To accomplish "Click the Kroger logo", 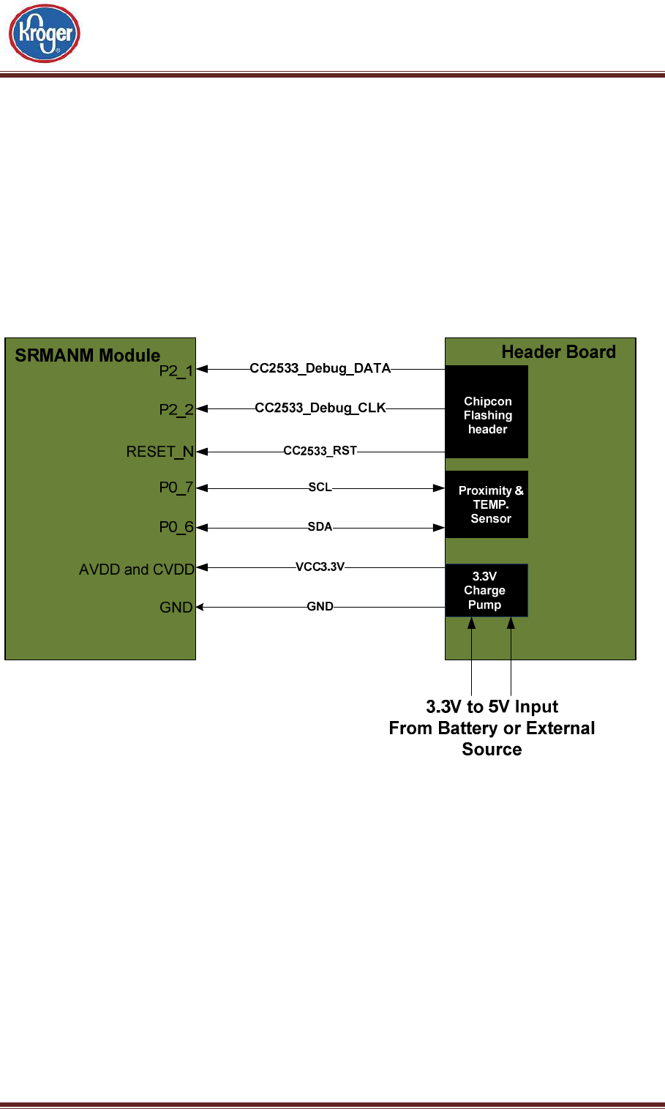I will tap(44, 33).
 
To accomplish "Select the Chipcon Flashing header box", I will tap(486, 412).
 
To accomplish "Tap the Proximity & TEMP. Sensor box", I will tap(486, 504).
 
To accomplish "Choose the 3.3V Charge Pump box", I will tap(486, 590).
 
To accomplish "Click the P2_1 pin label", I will tap(176, 370).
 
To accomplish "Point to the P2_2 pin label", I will tap(176, 409).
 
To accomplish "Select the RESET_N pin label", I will tap(160, 452).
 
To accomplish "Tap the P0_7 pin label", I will tap(176, 488).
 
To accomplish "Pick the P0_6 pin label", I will tap(176, 527).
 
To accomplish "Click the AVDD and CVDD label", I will tap(137, 569).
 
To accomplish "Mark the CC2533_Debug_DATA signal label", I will tap(320, 368).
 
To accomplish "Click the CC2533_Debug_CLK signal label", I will tap(320, 408).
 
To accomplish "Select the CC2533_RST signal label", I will tap(320, 451).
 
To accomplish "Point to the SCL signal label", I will tap(320, 487).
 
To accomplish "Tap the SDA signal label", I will tap(320, 526).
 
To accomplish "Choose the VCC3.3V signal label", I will tap(320, 567).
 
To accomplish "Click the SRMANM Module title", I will tap(88, 355).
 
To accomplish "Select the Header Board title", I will tap(558, 352).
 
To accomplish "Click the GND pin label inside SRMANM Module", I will tap(176, 607).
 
